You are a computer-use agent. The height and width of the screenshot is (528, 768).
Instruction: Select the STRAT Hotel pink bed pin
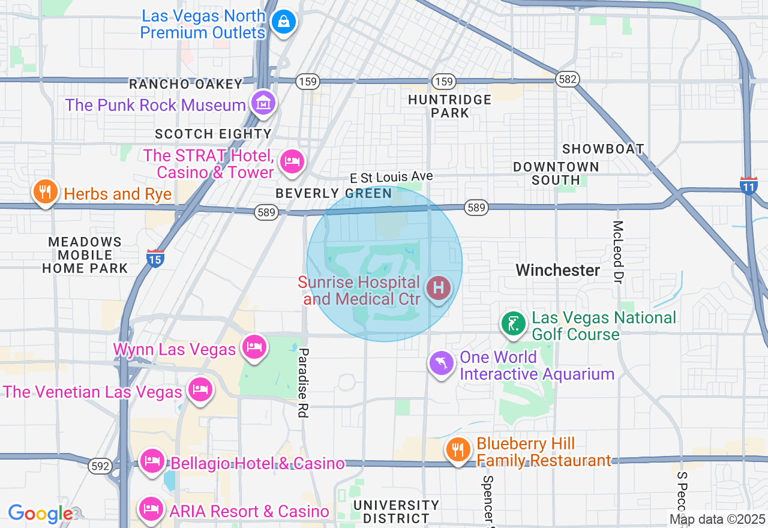[x=292, y=161]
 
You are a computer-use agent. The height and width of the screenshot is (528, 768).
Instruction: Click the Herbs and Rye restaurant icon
[x=45, y=192]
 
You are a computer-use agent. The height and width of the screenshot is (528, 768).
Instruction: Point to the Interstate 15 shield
[x=155, y=258]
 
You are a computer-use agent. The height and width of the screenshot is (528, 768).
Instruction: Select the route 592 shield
[x=99, y=466]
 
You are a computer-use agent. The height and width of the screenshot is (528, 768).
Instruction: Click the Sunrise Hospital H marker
[x=439, y=289]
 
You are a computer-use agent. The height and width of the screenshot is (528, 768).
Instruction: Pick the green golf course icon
[x=514, y=325]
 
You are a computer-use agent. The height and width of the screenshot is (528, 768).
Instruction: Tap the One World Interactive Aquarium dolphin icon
[x=442, y=364]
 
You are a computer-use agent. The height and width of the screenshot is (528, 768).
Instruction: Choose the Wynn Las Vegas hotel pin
[x=254, y=347]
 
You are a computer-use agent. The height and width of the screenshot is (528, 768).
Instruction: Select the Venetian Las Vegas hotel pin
[x=200, y=391]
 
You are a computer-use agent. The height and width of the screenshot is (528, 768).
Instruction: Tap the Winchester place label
[x=558, y=270]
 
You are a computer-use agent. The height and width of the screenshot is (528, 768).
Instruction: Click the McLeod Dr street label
[x=618, y=251]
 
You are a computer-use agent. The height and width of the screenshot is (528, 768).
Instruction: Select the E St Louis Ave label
[x=392, y=178]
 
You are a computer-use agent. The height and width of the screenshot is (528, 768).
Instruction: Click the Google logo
[x=40, y=514]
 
